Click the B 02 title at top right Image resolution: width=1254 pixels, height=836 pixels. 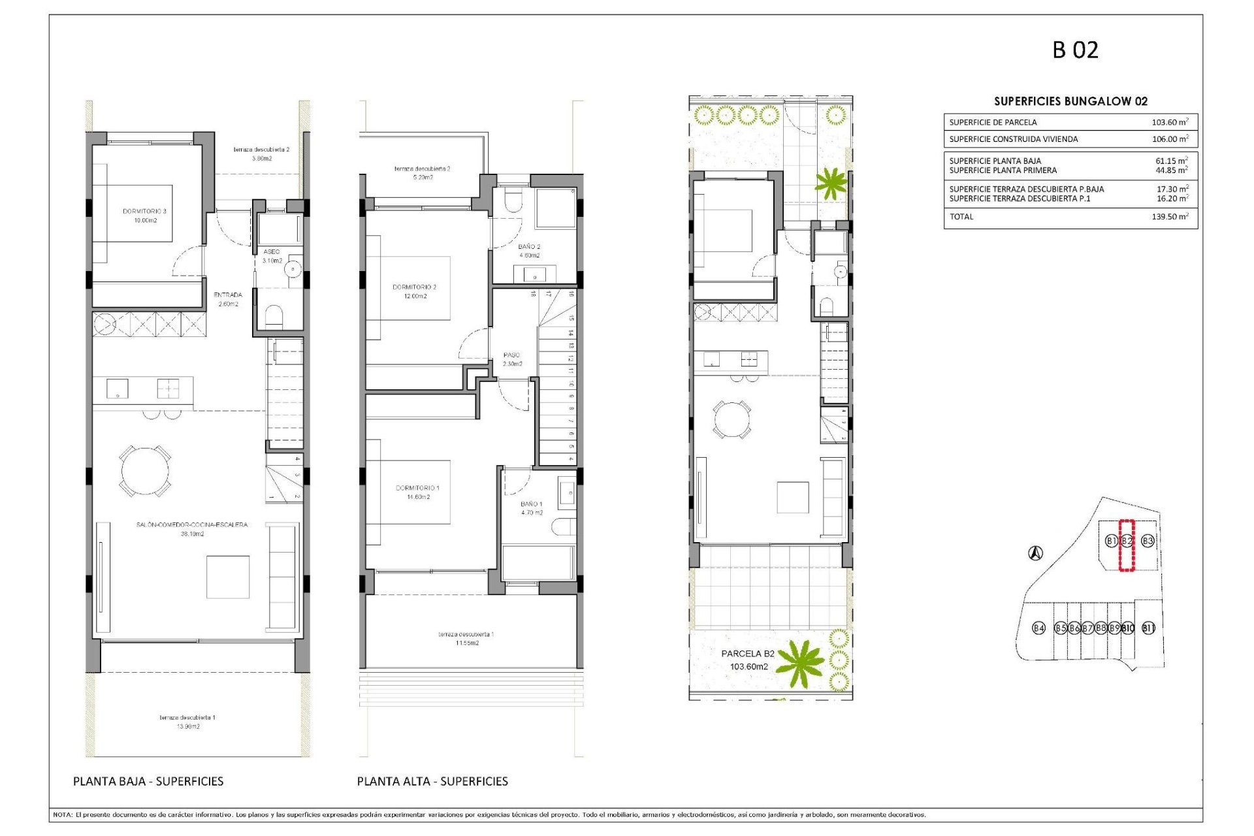[1075, 50]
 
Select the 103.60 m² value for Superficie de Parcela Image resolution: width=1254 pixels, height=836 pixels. [1169, 122]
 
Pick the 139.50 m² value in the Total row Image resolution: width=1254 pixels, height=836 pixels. [1169, 217]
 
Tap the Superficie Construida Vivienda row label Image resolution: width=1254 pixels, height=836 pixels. [1013, 139]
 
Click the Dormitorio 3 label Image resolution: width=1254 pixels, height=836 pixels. [144, 212]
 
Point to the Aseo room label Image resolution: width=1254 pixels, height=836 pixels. [272, 251]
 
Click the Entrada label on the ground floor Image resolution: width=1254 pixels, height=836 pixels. [228, 295]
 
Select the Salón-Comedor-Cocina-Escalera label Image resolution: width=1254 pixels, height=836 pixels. [192, 524]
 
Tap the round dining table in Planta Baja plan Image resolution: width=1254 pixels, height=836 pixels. [145, 471]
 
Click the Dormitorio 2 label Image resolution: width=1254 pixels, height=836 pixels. [414, 287]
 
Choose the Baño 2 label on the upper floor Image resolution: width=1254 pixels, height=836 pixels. [529, 247]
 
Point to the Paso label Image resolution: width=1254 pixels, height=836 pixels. [511, 355]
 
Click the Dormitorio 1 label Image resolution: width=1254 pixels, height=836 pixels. [417, 488]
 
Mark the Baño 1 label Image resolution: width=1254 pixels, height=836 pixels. [531, 504]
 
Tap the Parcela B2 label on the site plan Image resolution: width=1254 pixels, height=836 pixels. [748, 653]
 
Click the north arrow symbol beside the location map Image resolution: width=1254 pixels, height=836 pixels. [1035, 554]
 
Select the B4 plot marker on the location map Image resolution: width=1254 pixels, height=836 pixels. [1038, 628]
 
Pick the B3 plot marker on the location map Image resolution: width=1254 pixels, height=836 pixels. [1148, 541]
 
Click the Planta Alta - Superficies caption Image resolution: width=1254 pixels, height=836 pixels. [432, 781]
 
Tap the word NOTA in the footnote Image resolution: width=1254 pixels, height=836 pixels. [62, 814]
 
